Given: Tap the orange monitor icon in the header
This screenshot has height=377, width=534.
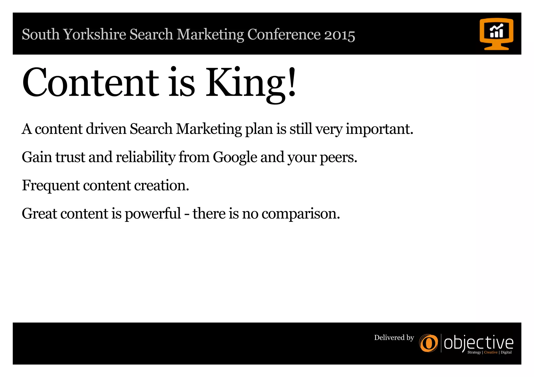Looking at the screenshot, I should (496, 34).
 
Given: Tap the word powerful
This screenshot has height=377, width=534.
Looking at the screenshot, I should (153, 214).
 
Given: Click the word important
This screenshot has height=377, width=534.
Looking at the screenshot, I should (379, 129).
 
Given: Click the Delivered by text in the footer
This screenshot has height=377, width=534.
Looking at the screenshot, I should (394, 338).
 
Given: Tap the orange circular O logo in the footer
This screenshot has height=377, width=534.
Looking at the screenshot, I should (429, 343).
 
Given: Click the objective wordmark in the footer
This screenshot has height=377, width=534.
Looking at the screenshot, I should (478, 343).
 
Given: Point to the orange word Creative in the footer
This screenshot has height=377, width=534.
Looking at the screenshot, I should (491, 353).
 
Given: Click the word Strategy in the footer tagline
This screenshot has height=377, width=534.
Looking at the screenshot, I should (474, 353).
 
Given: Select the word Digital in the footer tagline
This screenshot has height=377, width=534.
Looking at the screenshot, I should (506, 353).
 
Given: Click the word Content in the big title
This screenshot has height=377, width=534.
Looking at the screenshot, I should (90, 83).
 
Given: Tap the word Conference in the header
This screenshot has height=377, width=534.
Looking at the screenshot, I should (284, 35).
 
